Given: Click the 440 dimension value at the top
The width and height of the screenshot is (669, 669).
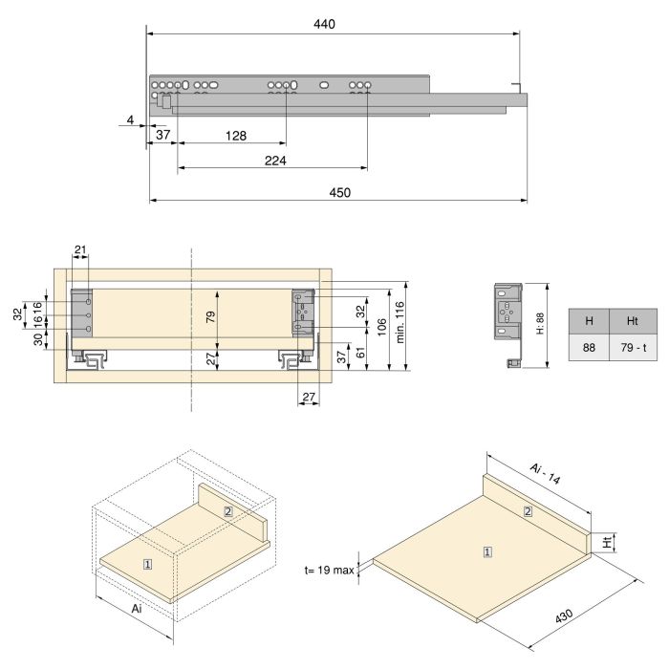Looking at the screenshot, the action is [x=324, y=24].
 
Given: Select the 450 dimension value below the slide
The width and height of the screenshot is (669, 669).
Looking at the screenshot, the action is [x=339, y=192].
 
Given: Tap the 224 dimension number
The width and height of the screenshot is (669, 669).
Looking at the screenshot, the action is [x=275, y=161].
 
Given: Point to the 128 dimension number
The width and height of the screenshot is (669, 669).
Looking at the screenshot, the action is [x=236, y=136].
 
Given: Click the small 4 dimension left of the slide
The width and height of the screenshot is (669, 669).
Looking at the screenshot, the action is [x=131, y=119].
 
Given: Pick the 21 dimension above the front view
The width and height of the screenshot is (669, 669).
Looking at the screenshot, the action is [x=80, y=249].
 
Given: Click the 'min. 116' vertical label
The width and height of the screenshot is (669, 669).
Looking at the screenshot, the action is [x=399, y=322].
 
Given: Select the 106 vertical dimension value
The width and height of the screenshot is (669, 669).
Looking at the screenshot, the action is [x=382, y=327].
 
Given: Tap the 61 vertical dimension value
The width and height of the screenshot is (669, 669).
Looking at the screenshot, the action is [x=361, y=353].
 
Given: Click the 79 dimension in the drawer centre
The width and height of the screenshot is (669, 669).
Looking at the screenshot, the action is [x=211, y=317].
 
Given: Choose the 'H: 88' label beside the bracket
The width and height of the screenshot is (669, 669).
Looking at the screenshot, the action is [x=540, y=323].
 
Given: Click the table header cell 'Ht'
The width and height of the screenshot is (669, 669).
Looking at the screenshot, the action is [x=633, y=321].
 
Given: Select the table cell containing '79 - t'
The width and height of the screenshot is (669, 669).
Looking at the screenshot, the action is [x=633, y=348].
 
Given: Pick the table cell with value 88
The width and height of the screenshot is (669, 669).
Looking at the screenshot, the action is [x=589, y=348].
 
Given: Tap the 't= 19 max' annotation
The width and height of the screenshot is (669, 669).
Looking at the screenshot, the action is [x=330, y=570].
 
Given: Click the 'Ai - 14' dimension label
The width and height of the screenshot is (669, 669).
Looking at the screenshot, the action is [x=545, y=474].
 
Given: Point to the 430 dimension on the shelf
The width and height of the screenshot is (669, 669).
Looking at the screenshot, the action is [x=564, y=616].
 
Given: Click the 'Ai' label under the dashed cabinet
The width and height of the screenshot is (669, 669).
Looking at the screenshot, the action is [x=137, y=609].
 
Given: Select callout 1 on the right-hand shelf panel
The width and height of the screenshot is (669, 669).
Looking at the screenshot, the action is [x=487, y=552].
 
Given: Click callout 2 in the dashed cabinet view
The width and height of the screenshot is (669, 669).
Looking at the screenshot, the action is [x=228, y=511].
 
